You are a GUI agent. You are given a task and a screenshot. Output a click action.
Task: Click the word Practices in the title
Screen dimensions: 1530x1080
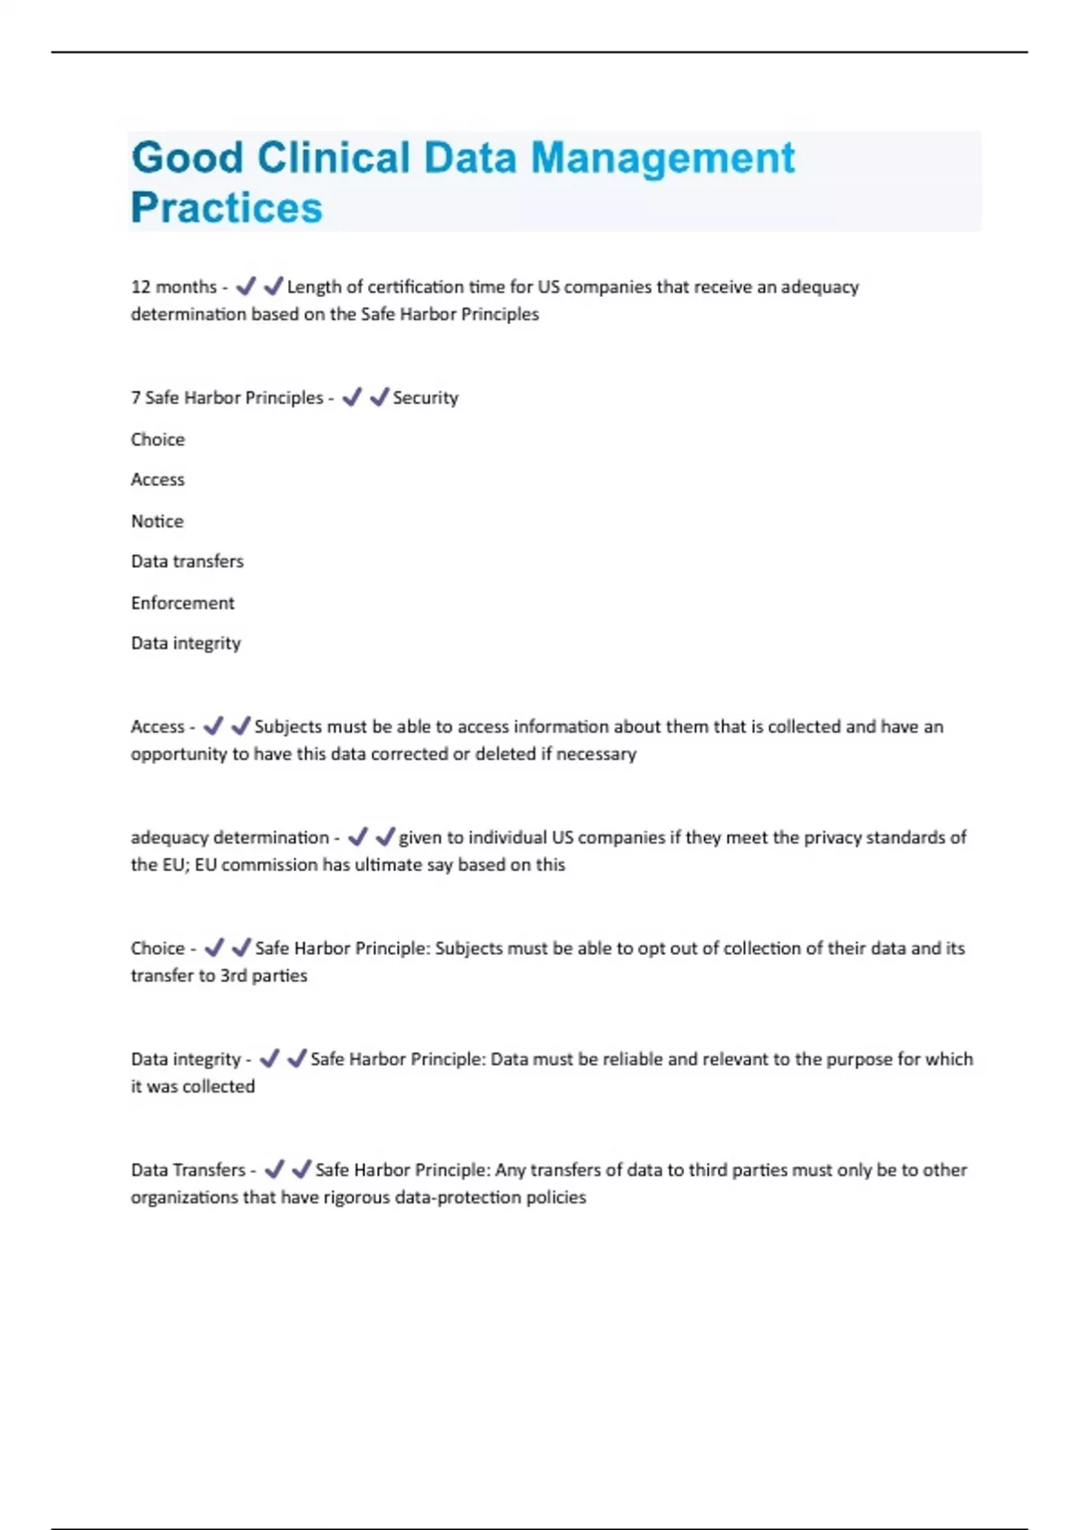(x=226, y=208)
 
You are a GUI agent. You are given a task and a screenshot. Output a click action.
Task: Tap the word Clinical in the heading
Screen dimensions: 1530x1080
(x=334, y=158)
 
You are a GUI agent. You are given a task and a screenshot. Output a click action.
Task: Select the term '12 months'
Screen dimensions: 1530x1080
(x=174, y=287)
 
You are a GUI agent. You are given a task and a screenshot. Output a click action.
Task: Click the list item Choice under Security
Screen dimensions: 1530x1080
(x=157, y=439)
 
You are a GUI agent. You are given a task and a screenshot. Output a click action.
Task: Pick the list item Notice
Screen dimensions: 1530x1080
(x=157, y=521)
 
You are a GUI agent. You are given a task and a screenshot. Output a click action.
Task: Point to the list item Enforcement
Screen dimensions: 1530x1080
(x=183, y=603)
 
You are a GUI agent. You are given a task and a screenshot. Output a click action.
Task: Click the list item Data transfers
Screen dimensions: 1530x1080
(x=187, y=562)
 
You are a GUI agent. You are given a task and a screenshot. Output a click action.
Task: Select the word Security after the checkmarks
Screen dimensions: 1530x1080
(x=425, y=398)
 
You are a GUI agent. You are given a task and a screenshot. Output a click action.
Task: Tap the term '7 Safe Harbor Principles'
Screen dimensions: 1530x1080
(x=227, y=398)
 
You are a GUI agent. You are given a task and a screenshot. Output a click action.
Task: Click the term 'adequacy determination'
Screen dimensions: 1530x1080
(x=229, y=838)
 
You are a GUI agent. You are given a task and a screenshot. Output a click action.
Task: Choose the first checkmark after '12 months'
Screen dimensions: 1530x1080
(x=245, y=287)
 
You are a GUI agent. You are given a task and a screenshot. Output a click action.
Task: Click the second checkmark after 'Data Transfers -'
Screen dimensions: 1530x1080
(x=301, y=1169)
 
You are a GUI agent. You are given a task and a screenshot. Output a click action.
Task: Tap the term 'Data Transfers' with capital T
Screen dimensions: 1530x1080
(x=188, y=1170)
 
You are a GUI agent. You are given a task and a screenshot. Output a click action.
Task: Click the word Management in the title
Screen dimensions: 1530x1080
(x=662, y=158)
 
